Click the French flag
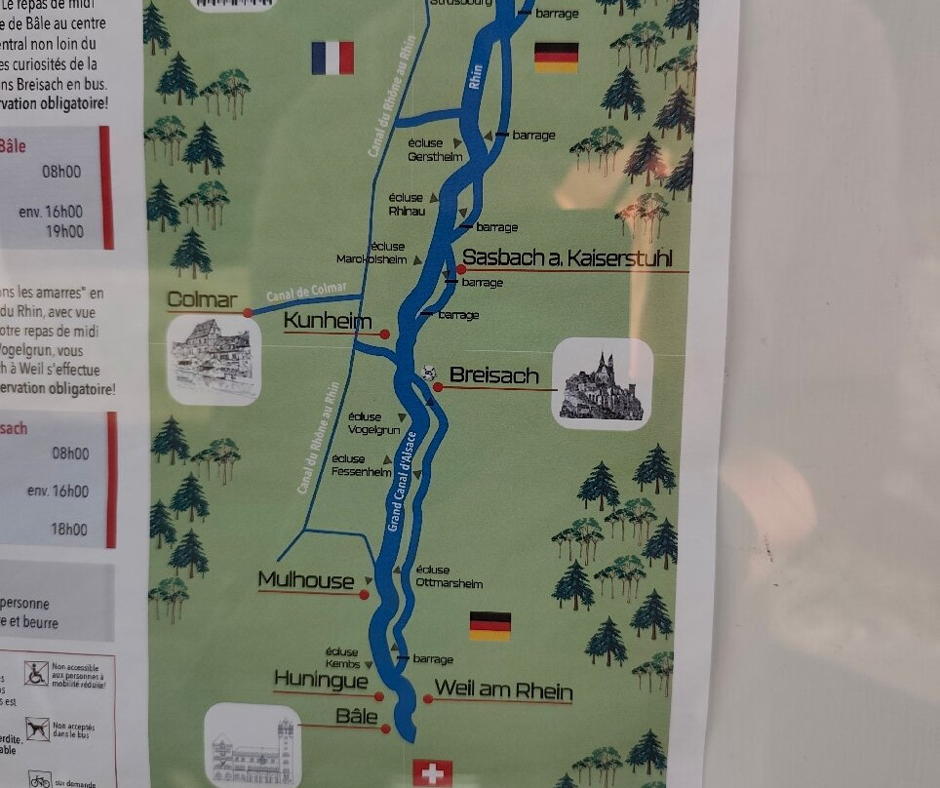point(333,58)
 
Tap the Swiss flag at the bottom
point(433,773)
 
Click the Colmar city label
point(202,299)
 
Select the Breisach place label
point(493,375)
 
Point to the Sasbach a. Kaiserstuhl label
point(574,258)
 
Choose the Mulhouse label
point(306,581)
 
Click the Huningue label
point(322,680)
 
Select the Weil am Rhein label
point(503,690)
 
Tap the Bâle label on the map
point(356,716)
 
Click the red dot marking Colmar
point(248,313)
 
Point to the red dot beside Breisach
point(438,387)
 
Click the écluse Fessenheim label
point(361,465)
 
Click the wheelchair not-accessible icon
point(36,673)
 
